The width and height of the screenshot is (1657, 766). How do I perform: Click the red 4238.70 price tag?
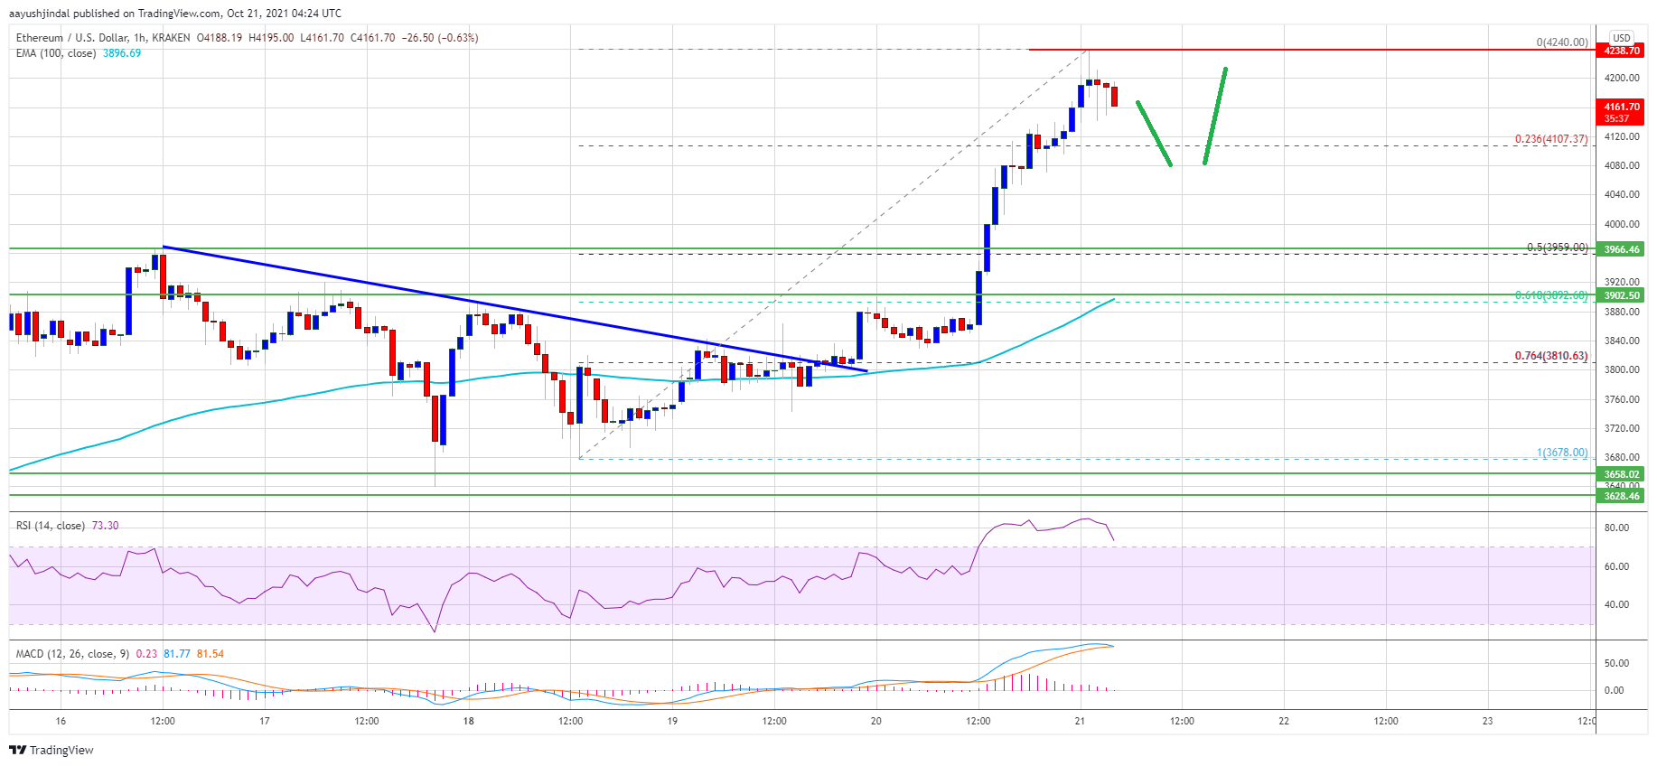1621,51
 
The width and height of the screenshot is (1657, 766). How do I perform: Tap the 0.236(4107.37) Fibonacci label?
1550,139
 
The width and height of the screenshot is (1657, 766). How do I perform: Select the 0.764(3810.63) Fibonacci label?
1550,356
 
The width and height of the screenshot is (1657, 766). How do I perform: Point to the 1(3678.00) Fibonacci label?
1561,453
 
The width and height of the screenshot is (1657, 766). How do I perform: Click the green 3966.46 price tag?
1621,249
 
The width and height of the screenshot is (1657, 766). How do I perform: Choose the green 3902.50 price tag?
1621,295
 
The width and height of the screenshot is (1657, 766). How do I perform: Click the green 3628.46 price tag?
1621,496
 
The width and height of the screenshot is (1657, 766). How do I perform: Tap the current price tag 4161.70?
1621,107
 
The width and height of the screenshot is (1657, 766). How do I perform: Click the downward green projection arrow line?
1154,133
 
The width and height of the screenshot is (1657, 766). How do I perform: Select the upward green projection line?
1215,116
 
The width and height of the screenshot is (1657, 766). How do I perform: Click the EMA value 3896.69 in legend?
122,53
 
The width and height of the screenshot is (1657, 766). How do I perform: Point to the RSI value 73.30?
105,526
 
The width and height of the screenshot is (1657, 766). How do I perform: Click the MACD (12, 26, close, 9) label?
72,654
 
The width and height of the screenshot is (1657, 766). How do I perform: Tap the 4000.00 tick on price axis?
1621,224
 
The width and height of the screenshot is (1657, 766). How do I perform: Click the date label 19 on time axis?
672,721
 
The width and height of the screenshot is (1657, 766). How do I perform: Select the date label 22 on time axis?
1284,721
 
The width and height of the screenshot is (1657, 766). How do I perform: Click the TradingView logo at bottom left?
51,750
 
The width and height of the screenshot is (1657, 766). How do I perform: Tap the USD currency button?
1621,38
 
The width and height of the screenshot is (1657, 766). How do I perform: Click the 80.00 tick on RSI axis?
1615,528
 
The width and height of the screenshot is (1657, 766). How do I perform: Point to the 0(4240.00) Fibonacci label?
1561,42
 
